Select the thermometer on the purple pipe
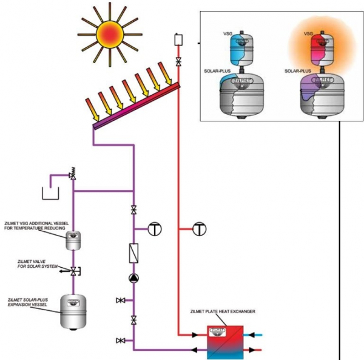pos(155,229)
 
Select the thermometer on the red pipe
pos(200,229)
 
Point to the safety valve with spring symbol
pos(73,174)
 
